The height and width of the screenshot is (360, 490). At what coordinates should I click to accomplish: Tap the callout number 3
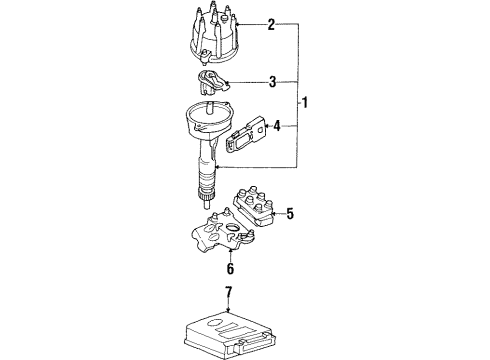coord(271,82)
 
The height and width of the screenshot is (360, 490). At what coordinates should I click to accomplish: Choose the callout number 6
coord(230,269)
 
